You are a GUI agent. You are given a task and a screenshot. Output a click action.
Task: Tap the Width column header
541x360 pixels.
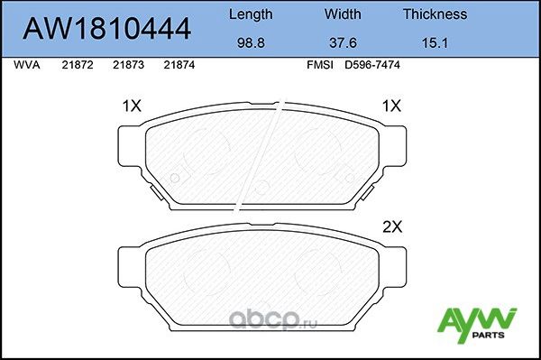click(x=343, y=14)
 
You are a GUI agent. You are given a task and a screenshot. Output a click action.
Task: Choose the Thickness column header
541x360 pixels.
click(x=434, y=14)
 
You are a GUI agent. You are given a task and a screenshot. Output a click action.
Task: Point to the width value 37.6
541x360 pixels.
click(x=343, y=42)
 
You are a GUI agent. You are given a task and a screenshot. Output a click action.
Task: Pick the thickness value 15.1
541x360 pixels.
click(x=434, y=42)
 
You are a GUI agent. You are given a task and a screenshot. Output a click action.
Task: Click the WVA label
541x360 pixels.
click(x=27, y=66)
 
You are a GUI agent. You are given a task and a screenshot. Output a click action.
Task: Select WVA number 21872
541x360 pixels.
click(x=76, y=66)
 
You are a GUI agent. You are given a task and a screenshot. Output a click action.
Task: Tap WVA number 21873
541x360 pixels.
click(x=127, y=66)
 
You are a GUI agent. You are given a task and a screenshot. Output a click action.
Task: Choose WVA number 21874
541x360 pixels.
click(x=179, y=66)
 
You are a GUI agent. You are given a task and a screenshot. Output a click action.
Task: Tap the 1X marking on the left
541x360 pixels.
click(x=132, y=106)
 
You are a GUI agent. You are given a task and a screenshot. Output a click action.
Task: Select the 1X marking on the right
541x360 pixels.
click(x=390, y=106)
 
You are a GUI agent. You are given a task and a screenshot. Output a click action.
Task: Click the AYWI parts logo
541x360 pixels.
click(x=476, y=323)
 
